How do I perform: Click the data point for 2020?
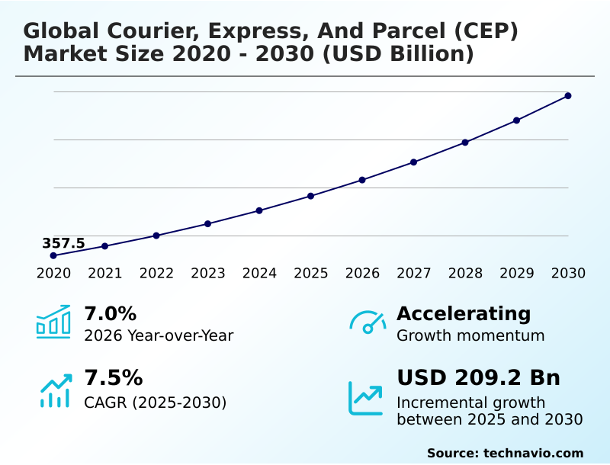coord(53,255)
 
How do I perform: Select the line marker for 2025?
coord(310,196)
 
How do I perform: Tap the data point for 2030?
coord(568,96)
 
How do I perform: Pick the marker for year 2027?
coord(413,162)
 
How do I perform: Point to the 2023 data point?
coord(207,223)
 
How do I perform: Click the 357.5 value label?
coord(63,243)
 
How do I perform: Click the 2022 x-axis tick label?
coord(156,274)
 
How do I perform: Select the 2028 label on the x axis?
coord(465,274)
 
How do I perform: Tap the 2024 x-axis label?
coord(259,274)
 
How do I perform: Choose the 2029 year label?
coord(516,274)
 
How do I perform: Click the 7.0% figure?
coord(110,313)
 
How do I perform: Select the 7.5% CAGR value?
coord(113,378)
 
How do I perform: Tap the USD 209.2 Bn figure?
coord(478,378)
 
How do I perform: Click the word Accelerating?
coord(464,313)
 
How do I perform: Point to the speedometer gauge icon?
coord(368,322)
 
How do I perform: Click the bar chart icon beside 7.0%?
coord(53,322)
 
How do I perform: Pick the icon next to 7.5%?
coord(55,390)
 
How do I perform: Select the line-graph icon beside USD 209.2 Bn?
coord(366,397)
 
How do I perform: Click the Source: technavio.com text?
coord(505,453)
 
